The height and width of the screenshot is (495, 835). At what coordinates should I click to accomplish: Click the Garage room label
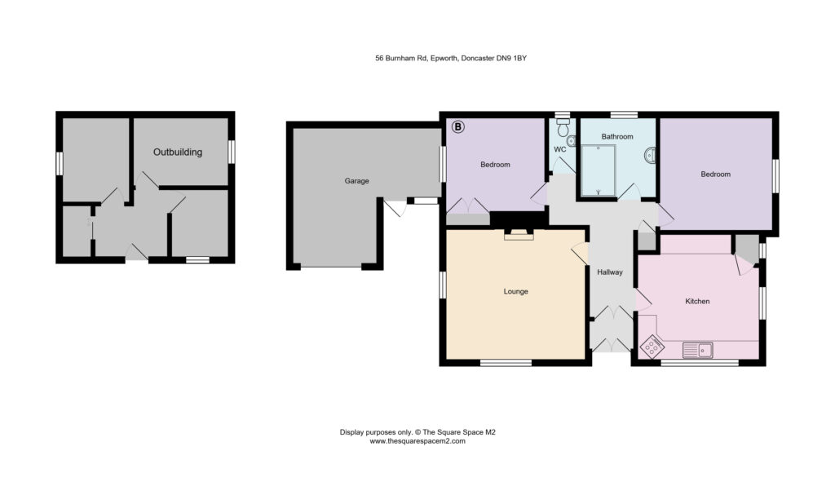coord(356,181)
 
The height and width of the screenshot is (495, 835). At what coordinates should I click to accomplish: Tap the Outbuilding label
coord(178,152)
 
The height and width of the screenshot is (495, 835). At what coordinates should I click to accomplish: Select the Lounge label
coord(515,291)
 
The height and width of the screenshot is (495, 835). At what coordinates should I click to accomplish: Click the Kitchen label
coord(697,301)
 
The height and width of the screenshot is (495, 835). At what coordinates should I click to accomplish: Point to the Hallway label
coord(610,272)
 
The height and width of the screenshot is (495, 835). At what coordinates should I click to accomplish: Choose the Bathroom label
coord(617,136)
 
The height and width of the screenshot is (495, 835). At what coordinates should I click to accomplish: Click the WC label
coord(559,150)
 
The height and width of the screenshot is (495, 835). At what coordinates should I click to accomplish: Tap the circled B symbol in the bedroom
coord(458,127)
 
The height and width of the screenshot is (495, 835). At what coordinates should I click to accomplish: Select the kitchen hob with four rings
coord(652,347)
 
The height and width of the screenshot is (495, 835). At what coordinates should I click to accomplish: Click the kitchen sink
coord(698,350)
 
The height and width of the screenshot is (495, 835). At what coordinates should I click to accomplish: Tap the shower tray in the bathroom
coord(599,170)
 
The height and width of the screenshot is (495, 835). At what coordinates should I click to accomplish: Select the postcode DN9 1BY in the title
coord(512,58)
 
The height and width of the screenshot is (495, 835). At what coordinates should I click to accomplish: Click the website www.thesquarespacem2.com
coord(417,441)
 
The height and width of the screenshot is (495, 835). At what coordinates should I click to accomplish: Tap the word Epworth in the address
coord(444,58)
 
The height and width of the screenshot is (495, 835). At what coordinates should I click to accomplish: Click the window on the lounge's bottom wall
coord(506,363)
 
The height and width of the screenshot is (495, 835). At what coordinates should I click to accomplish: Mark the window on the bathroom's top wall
coord(624,114)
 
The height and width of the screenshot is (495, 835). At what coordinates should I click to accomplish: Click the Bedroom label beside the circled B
coord(495,165)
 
